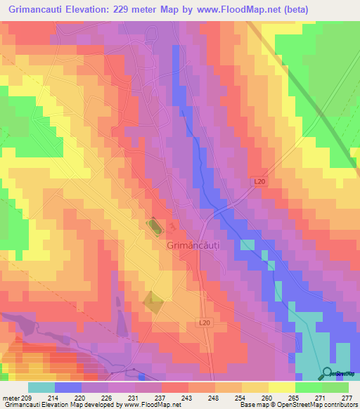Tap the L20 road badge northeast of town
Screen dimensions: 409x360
click(259, 181)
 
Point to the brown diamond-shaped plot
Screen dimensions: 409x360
click(153, 302)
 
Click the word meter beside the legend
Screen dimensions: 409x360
click(11, 398)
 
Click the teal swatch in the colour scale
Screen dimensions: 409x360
click(41, 387)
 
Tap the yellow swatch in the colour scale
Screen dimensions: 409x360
click(282, 387)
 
